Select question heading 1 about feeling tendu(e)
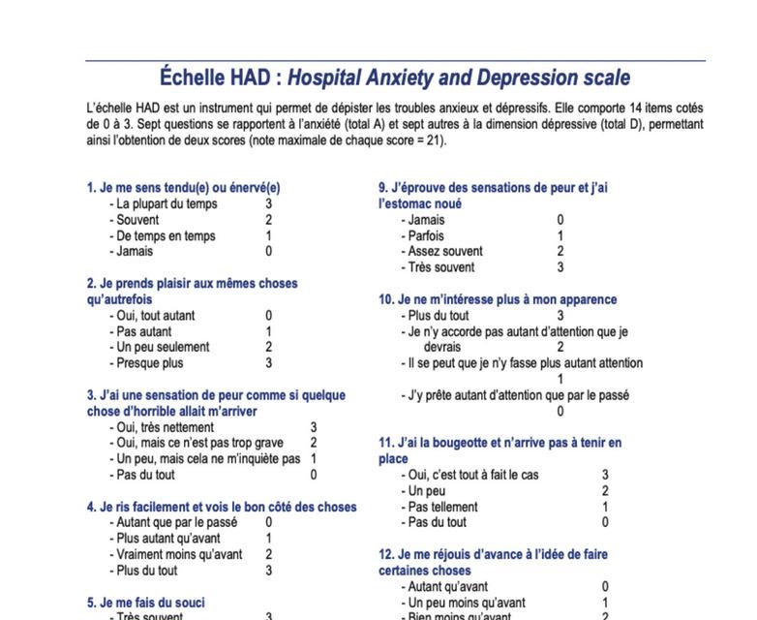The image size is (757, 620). (183, 188)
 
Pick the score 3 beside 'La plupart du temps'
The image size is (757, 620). (269, 204)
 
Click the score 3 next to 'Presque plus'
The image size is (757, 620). (269, 363)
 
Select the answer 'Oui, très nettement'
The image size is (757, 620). (165, 427)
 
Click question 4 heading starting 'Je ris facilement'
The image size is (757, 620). (222, 507)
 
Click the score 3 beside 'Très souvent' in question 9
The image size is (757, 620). (560, 267)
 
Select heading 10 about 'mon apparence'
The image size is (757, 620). (498, 299)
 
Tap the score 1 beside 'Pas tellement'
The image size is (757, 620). (606, 507)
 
